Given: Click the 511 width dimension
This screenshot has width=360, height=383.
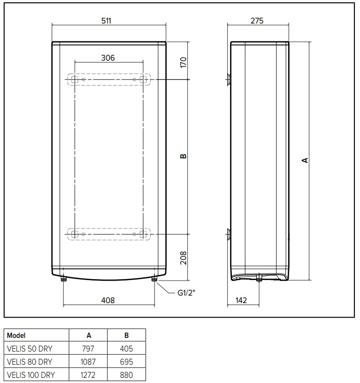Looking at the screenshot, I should click(x=108, y=20).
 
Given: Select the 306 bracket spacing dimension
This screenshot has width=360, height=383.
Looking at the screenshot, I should click(x=108, y=58).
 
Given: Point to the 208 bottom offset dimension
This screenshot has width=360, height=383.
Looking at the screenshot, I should click(x=184, y=257).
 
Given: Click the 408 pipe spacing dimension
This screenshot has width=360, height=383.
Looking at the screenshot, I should click(x=108, y=300).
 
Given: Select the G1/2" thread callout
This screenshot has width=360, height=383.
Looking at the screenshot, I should click(x=186, y=294).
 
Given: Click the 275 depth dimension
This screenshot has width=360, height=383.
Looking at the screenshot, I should click(x=257, y=20).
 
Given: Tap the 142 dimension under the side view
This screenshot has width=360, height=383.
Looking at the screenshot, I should click(x=240, y=300).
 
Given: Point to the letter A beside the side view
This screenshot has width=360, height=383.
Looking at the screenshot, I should click(x=305, y=160).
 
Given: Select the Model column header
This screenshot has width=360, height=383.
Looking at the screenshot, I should click(x=16, y=336).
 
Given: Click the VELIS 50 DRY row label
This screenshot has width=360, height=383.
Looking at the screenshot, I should click(x=29, y=349).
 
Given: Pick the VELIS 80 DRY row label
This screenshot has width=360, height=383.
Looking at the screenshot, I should click(x=29, y=362).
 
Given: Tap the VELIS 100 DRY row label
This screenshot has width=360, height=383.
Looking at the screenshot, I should click(x=31, y=375).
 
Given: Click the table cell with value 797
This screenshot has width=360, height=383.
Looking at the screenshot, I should click(x=88, y=349).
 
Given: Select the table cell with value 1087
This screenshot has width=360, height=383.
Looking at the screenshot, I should click(x=88, y=362).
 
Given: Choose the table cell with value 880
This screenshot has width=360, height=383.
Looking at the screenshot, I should click(x=126, y=375).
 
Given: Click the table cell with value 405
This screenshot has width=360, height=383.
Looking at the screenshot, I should click(x=126, y=349).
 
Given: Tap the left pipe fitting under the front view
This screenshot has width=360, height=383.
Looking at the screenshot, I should click(x=64, y=279).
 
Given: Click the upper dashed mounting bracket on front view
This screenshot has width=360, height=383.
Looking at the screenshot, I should click(x=109, y=80).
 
